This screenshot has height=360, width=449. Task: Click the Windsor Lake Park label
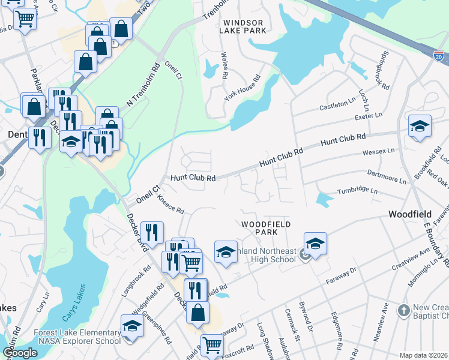244,25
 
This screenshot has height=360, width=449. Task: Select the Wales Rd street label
224,65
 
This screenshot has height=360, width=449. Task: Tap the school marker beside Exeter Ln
420,127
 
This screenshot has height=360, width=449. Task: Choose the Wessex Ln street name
379,151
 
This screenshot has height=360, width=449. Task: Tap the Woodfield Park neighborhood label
266,228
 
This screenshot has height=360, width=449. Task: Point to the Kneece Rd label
170,206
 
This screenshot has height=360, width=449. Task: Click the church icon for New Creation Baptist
403,310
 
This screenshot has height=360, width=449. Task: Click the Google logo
20,353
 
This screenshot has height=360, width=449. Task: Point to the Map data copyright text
423,355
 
